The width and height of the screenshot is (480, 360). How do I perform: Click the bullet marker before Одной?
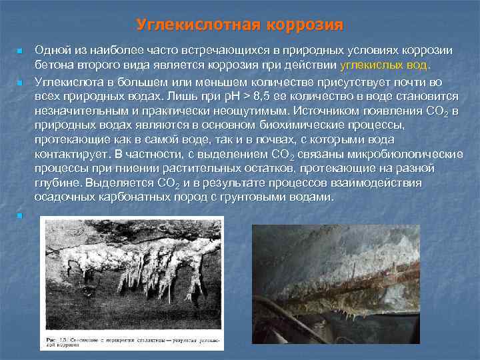(x=20, y=52)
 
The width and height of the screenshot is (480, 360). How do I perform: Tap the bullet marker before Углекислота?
(x=20, y=82)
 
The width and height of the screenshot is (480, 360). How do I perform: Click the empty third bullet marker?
(x=20, y=215)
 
